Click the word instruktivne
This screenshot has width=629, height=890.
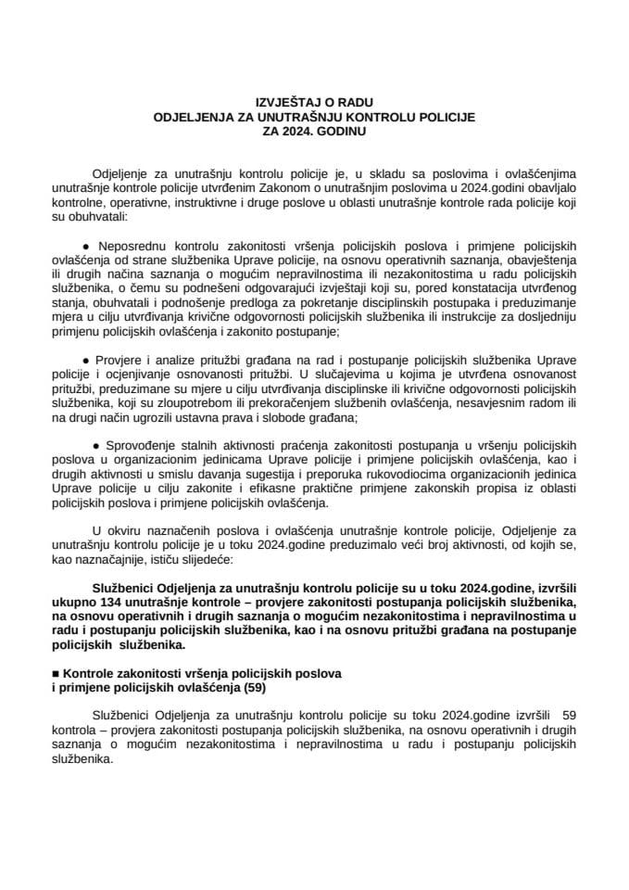pyautogui.click(x=223, y=201)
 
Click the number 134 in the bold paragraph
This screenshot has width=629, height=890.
pyautogui.click(x=137, y=600)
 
